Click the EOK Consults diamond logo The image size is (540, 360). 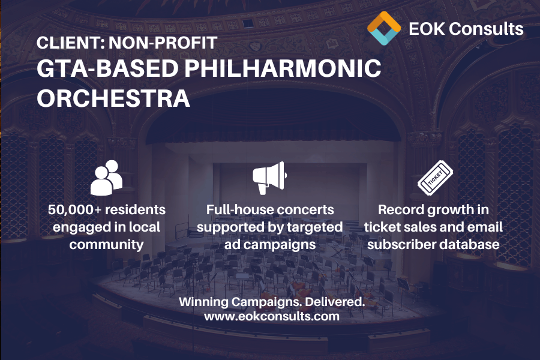click(x=384, y=28)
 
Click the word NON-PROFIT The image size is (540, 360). click(x=163, y=43)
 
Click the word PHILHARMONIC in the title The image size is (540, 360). click(x=283, y=68)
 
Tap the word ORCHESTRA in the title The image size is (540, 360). click(x=113, y=98)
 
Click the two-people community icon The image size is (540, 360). click(x=106, y=178)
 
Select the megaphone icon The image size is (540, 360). click(x=269, y=178)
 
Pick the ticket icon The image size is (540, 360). click(x=435, y=178)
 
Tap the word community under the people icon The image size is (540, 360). click(x=106, y=245)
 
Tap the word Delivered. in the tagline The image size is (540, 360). click(x=335, y=302)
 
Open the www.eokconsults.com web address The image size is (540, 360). click(x=272, y=316)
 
